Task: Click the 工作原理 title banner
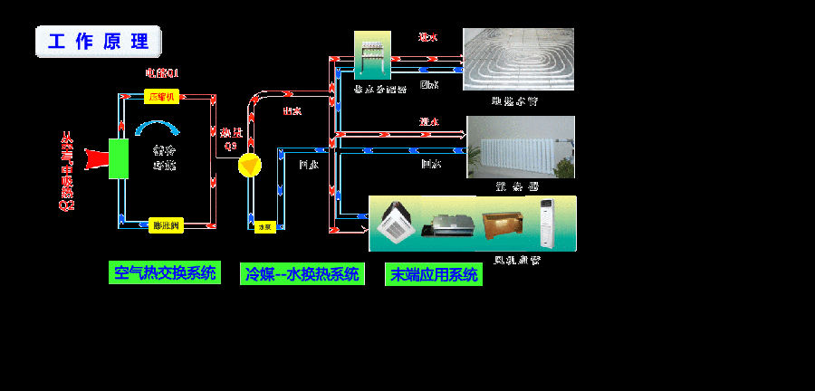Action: tap(98, 43)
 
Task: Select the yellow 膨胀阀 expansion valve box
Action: tap(166, 224)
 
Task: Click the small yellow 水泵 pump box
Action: tap(264, 226)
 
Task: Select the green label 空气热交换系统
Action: tap(166, 272)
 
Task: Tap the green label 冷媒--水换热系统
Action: tap(302, 274)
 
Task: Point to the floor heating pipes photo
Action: tap(518, 59)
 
